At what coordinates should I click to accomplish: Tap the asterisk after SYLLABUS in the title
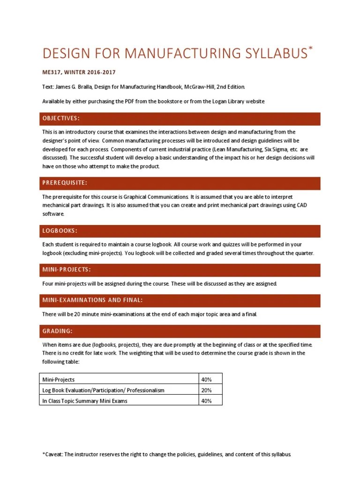click(x=309, y=49)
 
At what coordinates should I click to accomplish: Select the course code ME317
click(x=52, y=72)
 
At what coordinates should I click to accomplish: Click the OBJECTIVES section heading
click(x=60, y=118)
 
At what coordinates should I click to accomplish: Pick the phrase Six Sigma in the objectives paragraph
click(x=280, y=150)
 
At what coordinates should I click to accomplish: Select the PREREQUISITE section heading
click(x=64, y=182)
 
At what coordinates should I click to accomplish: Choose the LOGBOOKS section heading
click(x=60, y=231)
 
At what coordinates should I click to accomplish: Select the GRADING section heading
click(x=57, y=331)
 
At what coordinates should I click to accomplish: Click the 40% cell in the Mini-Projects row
click(x=206, y=379)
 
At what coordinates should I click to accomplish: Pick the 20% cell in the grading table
click(x=206, y=390)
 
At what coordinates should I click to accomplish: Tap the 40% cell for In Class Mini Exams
click(x=206, y=401)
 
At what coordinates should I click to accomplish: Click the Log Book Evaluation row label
click(x=103, y=390)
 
